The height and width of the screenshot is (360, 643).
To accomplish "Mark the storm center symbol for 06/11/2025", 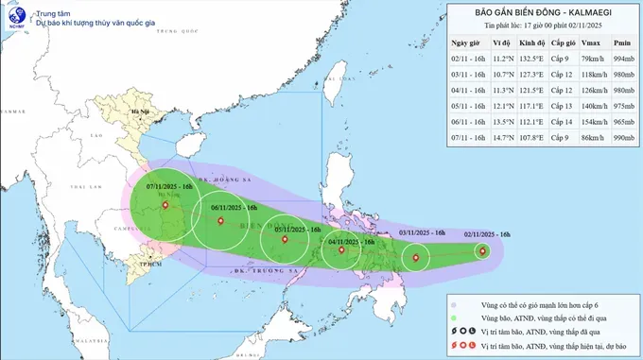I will [220, 222].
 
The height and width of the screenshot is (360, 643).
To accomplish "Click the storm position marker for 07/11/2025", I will [165, 205].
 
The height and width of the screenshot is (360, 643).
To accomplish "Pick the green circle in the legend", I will [455, 319].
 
